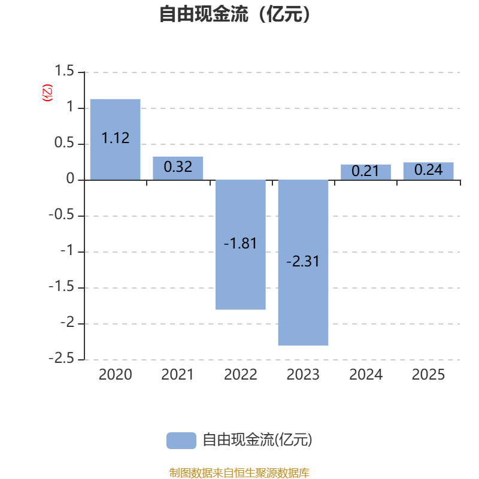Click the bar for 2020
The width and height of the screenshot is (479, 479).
tap(115, 140)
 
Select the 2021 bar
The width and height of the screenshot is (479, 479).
tap(178, 168)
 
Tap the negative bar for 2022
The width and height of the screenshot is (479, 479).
tap(241, 245)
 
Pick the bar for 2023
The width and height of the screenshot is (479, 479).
tap(303, 263)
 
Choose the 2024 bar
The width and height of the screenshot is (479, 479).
tap(366, 172)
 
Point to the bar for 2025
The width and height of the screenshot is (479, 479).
tap(428, 171)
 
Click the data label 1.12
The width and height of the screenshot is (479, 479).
tap(116, 138)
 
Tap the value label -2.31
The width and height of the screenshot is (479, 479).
tap(303, 262)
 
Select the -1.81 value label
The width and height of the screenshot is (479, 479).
tap(240, 244)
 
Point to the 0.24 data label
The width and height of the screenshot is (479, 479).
tap(428, 170)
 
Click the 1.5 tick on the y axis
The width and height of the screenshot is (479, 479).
tap(64, 71)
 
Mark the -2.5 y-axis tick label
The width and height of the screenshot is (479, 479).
tap(62, 358)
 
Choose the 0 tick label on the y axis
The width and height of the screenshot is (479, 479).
tap(70, 178)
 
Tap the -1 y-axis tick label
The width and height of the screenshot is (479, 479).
tap(67, 250)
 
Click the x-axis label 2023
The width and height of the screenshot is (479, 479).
tap(303, 375)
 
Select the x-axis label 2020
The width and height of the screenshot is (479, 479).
tap(115, 375)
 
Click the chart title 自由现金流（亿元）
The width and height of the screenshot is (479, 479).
tap(235, 14)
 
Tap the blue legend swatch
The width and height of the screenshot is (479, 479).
tap(181, 441)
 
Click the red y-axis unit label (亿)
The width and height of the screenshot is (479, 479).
tap(47, 93)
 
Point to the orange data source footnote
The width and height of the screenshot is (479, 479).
tap(239, 472)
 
